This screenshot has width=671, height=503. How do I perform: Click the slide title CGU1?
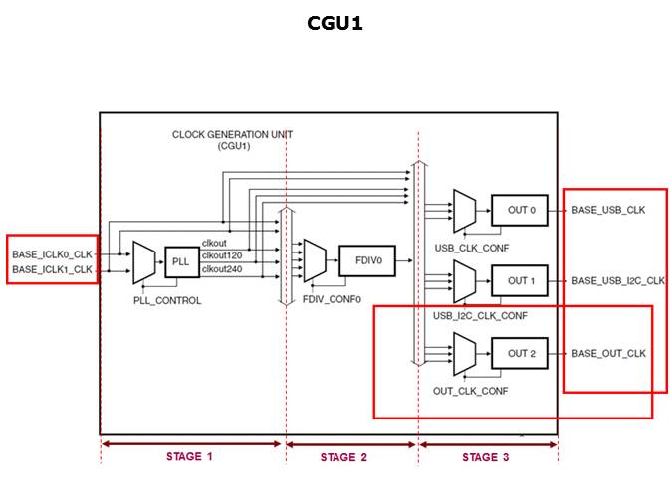(x=335, y=22)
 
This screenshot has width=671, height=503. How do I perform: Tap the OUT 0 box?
(x=519, y=210)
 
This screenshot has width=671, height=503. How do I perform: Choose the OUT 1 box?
(x=519, y=281)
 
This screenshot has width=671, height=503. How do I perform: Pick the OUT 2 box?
(x=519, y=354)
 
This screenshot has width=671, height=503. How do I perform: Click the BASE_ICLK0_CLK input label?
(x=52, y=254)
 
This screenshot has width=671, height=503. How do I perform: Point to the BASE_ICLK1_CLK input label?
(x=52, y=269)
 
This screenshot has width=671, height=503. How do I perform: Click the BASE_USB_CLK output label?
(x=608, y=210)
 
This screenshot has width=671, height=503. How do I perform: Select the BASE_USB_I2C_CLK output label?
(x=617, y=281)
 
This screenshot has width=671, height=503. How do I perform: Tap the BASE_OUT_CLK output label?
(x=608, y=354)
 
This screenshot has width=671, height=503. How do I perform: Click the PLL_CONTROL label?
(x=167, y=300)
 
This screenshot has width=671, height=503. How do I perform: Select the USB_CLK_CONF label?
(x=467, y=246)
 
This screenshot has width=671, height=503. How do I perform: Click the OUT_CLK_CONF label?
(x=470, y=391)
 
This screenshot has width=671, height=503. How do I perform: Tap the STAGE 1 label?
(x=189, y=457)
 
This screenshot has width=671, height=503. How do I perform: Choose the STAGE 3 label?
(x=486, y=457)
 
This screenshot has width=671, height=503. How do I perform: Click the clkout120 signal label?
(x=224, y=255)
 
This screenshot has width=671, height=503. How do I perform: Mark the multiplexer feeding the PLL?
(x=142, y=261)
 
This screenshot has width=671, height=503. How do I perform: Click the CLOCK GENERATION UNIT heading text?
(x=232, y=135)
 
